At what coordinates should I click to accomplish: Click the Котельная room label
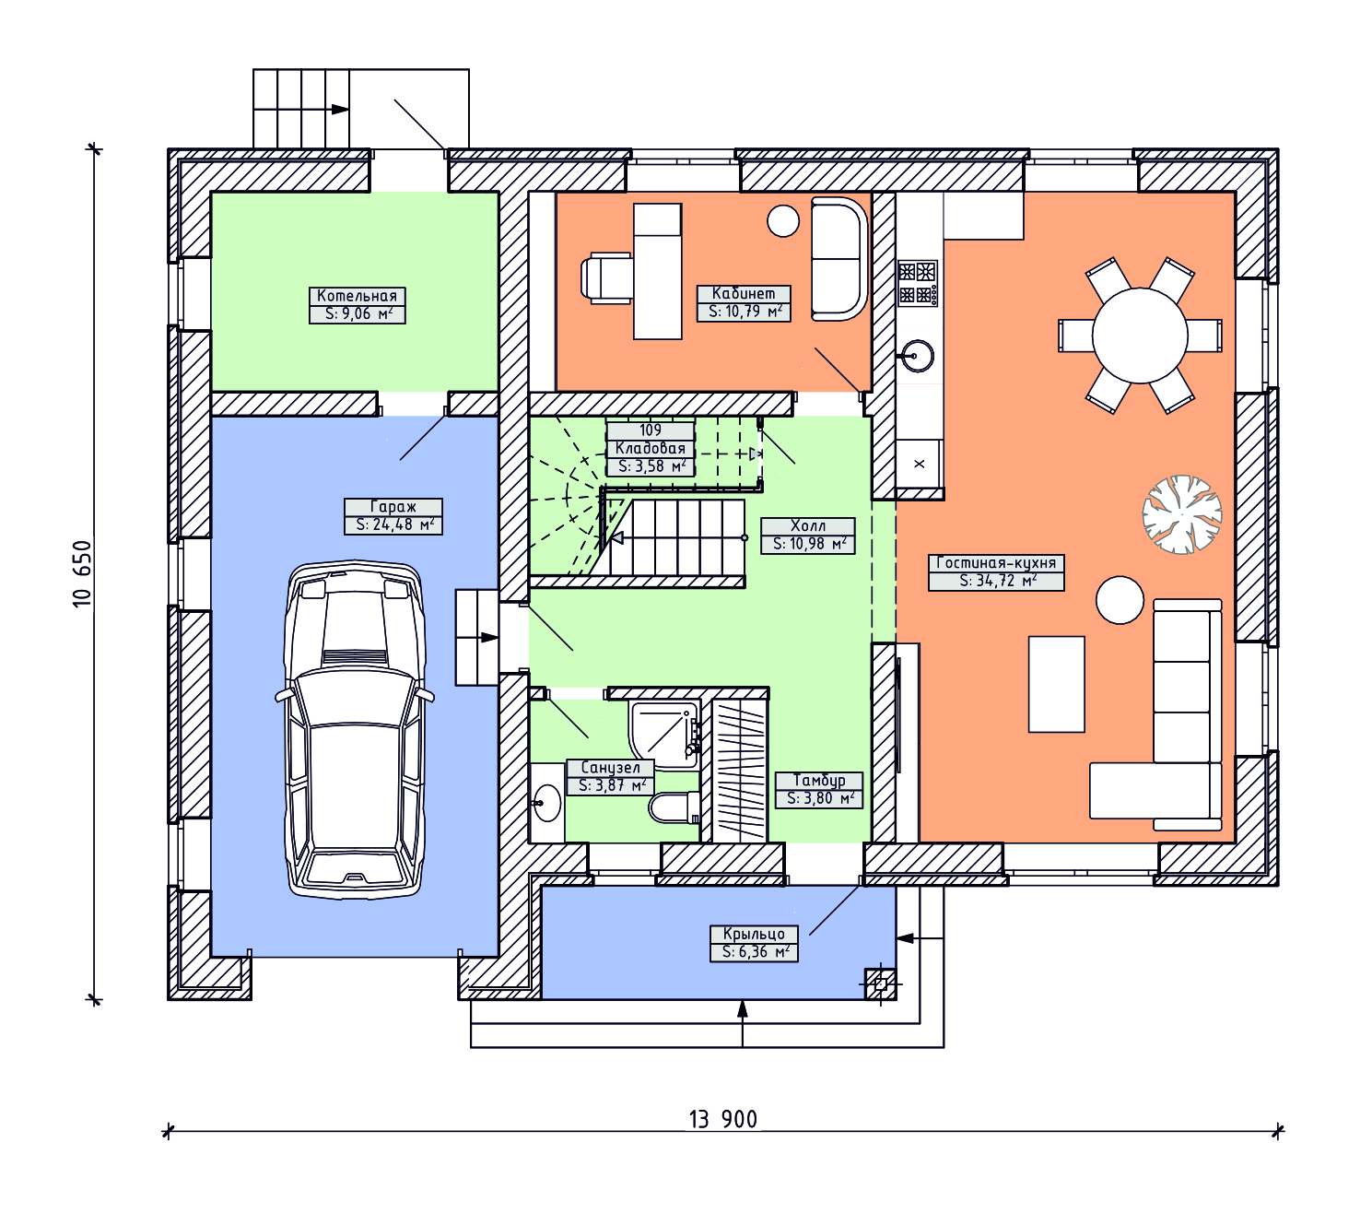[357, 296]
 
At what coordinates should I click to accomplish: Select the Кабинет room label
[743, 293]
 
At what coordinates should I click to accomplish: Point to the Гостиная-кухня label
[995, 562]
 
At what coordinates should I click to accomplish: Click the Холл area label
[807, 544]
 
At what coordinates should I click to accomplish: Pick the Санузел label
[610, 767]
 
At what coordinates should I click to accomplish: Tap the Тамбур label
[819, 780]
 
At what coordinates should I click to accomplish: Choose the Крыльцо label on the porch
[754, 934]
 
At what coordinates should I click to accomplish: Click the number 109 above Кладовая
[651, 430]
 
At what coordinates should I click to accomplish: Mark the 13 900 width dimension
[722, 1119]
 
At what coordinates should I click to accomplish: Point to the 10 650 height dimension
[82, 574]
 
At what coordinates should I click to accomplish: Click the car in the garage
[355, 730]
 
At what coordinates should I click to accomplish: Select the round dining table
[1139, 336]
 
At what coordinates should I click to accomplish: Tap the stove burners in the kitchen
[918, 283]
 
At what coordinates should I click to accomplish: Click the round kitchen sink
[917, 356]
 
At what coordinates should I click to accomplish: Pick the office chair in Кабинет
[607, 277]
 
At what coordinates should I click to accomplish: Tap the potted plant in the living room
[1181, 514]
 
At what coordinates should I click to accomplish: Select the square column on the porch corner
[880, 984]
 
